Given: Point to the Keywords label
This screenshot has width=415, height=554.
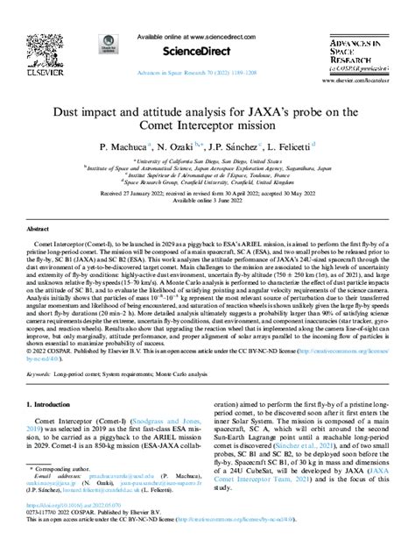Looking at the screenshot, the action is point(38,374).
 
